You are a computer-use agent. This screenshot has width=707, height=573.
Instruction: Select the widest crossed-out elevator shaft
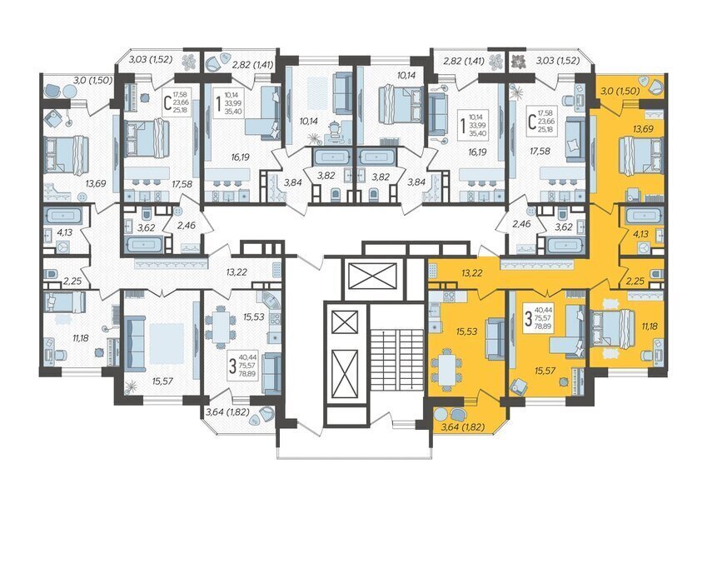click(372, 276)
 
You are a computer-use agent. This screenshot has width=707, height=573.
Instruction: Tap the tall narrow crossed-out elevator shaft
click(344, 374)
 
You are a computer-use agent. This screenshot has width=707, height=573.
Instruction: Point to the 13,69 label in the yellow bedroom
click(643, 129)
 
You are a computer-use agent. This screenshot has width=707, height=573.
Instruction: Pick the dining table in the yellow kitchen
click(446, 368)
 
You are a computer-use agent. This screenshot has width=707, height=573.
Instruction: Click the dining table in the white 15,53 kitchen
click(221, 326)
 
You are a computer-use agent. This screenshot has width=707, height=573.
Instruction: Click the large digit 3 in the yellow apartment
click(528, 319)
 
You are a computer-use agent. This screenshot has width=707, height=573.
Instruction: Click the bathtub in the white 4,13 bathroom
click(62, 216)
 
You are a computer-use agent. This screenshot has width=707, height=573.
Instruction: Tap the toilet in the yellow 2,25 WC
click(656, 274)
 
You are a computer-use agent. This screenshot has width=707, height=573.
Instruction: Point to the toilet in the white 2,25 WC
click(51, 274)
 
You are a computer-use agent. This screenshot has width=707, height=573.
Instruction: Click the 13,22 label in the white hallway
click(236, 272)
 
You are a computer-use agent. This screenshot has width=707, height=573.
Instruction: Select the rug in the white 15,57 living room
click(167, 343)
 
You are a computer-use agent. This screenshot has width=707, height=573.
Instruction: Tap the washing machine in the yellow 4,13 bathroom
click(644, 247)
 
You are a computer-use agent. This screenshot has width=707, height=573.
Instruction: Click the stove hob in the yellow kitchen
click(450, 296)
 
